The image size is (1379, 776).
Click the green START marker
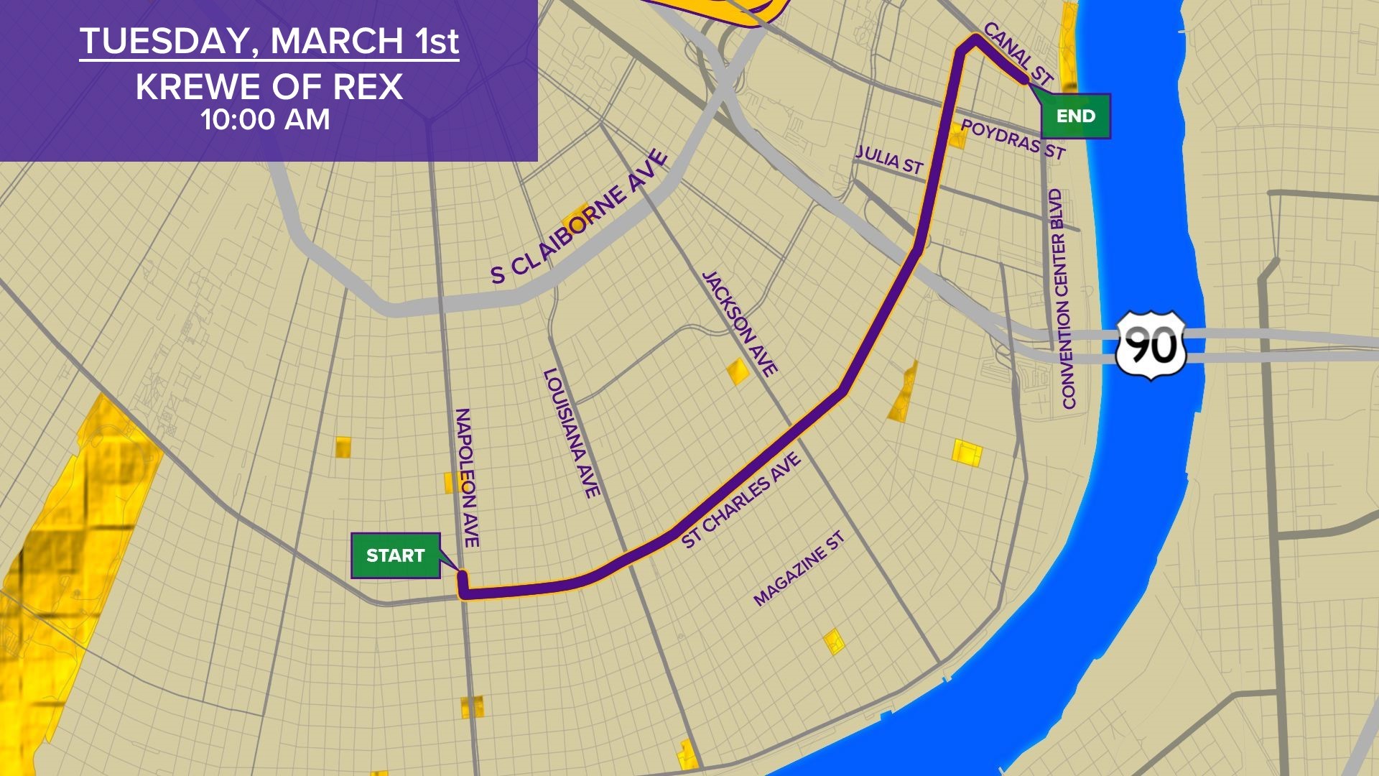[395, 555]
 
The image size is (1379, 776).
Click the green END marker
[1075, 116]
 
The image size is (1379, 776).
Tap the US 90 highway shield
[1150, 346]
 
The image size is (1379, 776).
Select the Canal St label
[1018, 54]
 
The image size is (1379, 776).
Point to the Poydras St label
[1013, 139]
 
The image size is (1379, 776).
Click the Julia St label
[889, 160]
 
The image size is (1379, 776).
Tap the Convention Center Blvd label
[1062, 299]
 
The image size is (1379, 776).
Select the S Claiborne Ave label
[579, 217]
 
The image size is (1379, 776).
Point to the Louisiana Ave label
[572, 433]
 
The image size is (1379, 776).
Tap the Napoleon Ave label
[467, 478]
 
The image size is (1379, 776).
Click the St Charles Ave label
[740, 500]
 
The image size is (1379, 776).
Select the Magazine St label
[799, 568]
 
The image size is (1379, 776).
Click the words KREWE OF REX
[269, 88]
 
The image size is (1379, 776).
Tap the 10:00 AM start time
[265, 119]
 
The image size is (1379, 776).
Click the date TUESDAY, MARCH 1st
[269, 41]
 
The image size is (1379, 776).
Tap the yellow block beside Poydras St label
[957, 136]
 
